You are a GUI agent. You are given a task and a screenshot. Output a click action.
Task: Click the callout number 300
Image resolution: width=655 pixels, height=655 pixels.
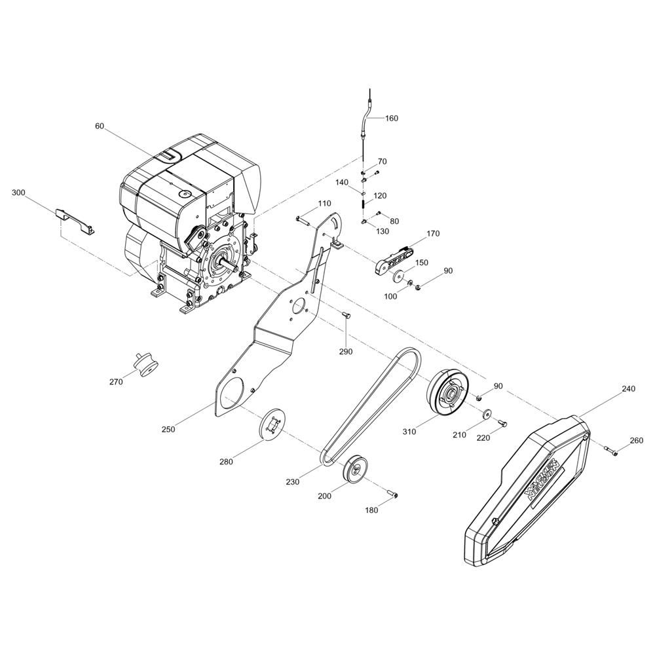coord(18,193)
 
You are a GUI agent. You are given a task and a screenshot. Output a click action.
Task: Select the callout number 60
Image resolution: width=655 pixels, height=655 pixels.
coord(100,126)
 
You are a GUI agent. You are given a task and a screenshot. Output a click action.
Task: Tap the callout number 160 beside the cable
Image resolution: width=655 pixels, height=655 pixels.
coord(392,118)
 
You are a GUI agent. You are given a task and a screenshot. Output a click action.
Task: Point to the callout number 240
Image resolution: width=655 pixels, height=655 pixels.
coord(628,389)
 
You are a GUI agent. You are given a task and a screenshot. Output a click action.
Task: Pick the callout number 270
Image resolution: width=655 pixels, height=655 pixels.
coord(116,381)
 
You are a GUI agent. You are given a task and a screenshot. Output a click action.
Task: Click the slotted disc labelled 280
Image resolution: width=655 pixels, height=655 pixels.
coord(272,424)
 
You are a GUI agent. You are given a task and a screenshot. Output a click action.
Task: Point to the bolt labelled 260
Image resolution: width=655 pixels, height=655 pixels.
coord(610,450)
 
